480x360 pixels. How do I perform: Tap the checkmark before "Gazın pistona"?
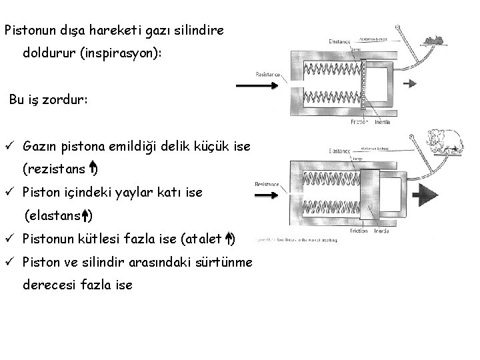pos(9,145)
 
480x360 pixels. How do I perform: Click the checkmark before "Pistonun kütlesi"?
pos(9,239)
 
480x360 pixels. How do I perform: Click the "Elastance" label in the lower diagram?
pos(341,141)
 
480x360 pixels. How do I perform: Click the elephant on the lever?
pos(446,140)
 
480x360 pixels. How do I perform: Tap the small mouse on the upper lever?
pos(435,41)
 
